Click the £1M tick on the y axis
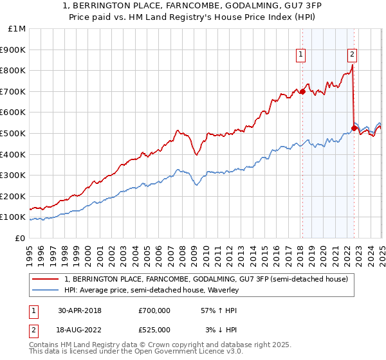pos(16,29)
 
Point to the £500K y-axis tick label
pos(14,133)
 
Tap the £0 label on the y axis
pos(21,238)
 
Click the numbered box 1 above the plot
pos(301,55)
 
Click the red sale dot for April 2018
pos(302,91)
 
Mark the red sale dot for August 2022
pos(354,128)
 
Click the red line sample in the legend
pos(46,279)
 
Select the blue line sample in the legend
pos(46,291)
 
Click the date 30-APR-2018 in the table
pos(80,310)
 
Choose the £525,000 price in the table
pos(154,330)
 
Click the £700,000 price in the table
pos(154,310)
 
